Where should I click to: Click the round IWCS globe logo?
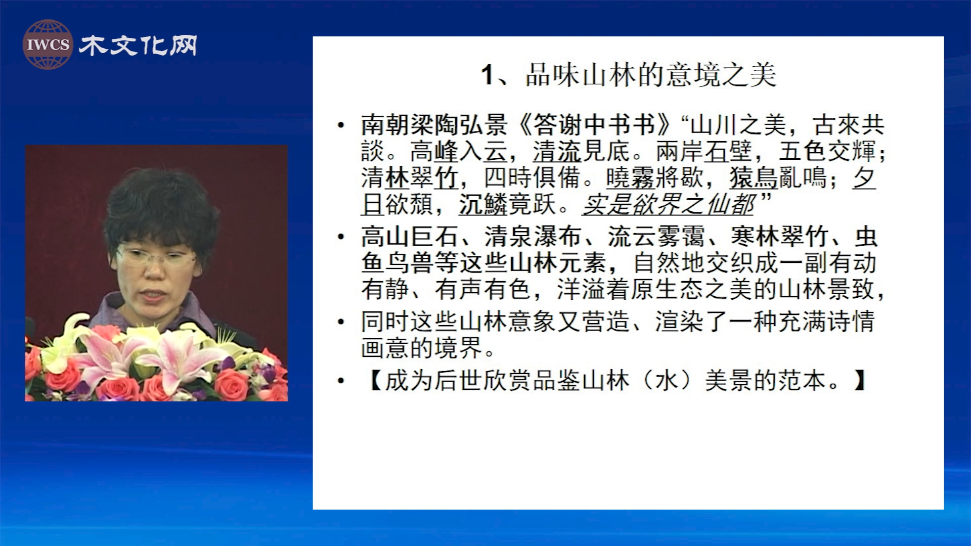click(48, 44)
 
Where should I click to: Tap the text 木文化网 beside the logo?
click(138, 45)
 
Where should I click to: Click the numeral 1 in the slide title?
click(487, 75)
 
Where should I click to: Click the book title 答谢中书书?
click(594, 124)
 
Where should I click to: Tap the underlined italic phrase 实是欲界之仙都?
click(669, 204)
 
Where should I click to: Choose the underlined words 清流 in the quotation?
click(557, 151)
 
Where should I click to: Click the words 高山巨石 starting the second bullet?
click(410, 236)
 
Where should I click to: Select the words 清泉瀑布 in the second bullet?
click(533, 236)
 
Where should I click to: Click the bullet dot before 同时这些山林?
click(342, 322)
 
